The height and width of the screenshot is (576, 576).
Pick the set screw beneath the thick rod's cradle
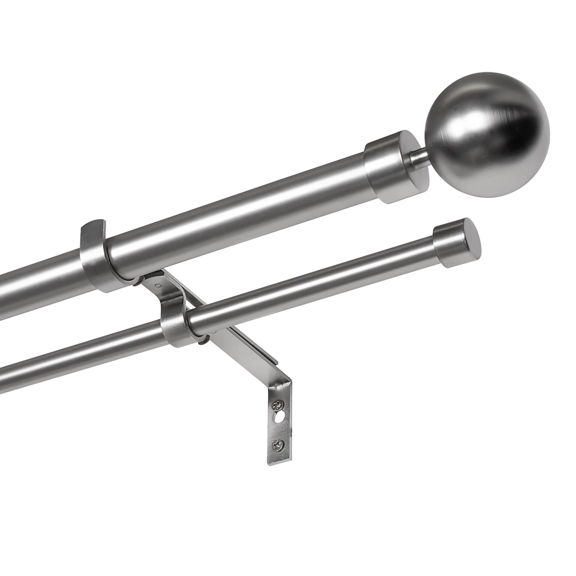137,285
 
